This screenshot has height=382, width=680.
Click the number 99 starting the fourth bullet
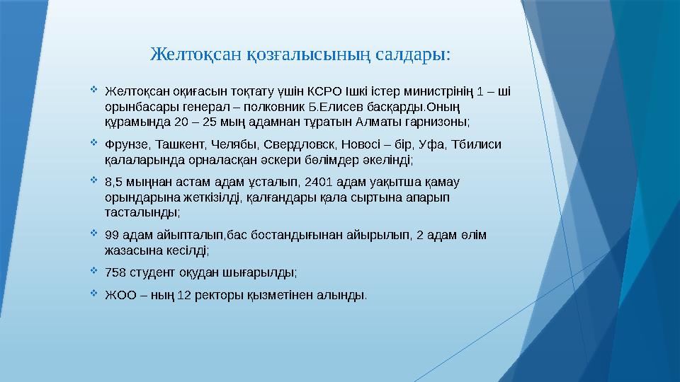pos(111,235)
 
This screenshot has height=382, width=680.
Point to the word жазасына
pos(130,250)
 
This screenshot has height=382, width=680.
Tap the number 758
pos(115,272)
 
